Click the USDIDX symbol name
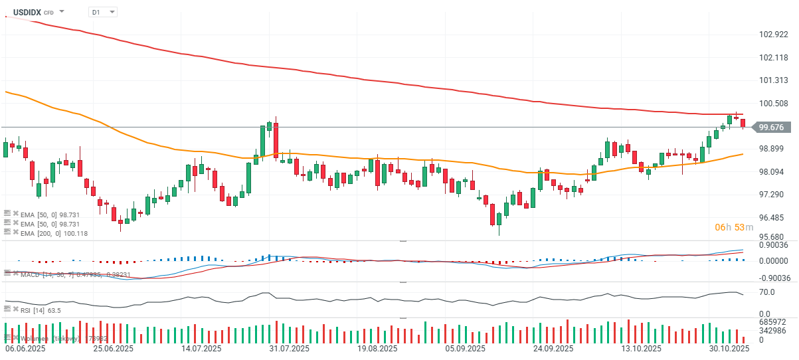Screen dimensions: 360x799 tap(27, 12)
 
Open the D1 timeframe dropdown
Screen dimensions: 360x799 tap(103, 12)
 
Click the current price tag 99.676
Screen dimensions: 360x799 tap(771, 127)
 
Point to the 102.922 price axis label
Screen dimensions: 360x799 tap(773, 35)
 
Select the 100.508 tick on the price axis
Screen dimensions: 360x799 tap(773, 103)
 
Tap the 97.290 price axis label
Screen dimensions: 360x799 tap(773, 194)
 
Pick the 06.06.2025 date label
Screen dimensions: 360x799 tap(25, 348)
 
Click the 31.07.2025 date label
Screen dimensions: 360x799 tap(289, 348)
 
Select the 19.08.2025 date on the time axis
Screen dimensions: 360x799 tap(377, 348)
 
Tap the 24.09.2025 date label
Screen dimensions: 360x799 tap(554, 348)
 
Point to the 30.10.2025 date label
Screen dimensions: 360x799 tap(729, 348)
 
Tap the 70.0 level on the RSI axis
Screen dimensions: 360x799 tap(767, 292)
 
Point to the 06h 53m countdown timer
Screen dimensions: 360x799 tap(733, 227)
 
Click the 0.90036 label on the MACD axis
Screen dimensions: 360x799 tap(773, 245)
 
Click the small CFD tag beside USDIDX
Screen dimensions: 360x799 tap(48, 13)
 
